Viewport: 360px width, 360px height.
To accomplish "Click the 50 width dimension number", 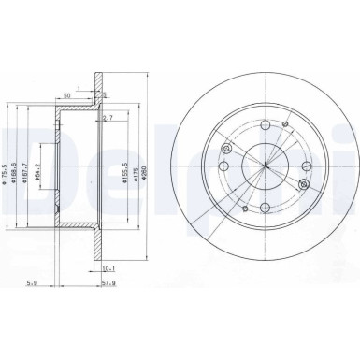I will click(x=68, y=94).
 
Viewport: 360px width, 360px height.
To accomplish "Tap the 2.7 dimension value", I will click(x=108, y=118).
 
